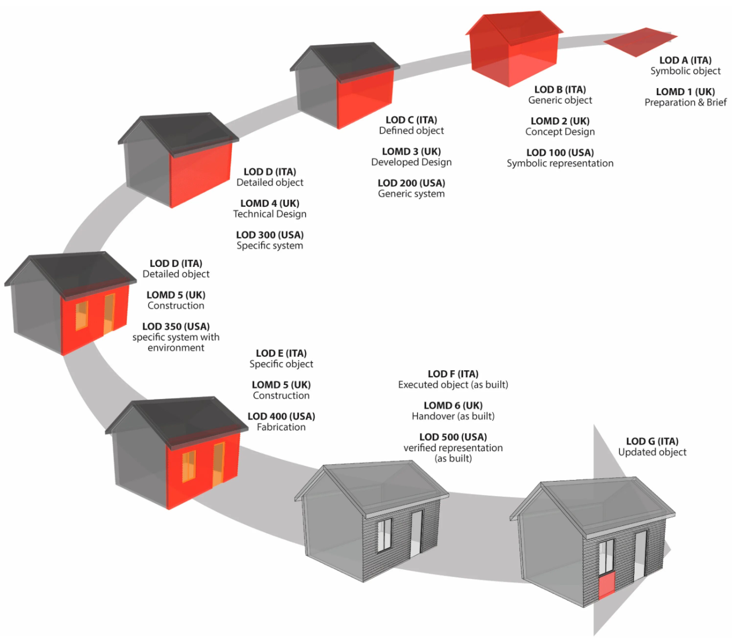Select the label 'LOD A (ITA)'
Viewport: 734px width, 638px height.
click(x=685, y=60)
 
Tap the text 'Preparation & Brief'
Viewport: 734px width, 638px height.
click(x=685, y=103)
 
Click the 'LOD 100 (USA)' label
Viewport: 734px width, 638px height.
click(x=560, y=152)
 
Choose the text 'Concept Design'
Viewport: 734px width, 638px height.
click(x=560, y=132)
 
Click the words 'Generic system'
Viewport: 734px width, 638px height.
click(x=411, y=194)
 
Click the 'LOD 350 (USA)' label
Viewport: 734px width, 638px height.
click(x=176, y=326)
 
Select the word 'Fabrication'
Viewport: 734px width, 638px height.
click(x=281, y=427)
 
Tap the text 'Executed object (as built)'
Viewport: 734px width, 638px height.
click(x=453, y=385)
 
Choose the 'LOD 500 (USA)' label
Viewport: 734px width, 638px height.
click(x=453, y=437)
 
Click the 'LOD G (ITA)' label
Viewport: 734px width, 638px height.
click(x=652, y=441)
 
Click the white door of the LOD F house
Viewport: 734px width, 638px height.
click(x=416, y=534)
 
